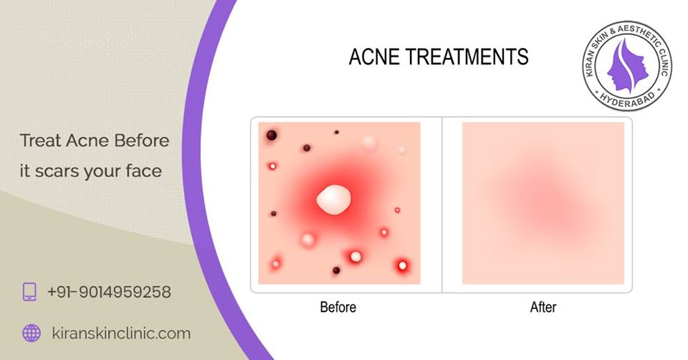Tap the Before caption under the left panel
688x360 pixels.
[x=338, y=308]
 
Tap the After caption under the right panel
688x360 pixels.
[x=543, y=308]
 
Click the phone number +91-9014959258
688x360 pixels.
[x=109, y=292]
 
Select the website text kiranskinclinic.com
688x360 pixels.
[x=121, y=333]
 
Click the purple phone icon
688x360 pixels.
[x=30, y=291]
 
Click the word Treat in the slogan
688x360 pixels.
[x=40, y=140]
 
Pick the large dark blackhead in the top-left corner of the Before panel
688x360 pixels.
[x=272, y=135]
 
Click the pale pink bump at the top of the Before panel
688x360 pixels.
[x=370, y=143]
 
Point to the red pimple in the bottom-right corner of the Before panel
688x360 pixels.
[x=402, y=266]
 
